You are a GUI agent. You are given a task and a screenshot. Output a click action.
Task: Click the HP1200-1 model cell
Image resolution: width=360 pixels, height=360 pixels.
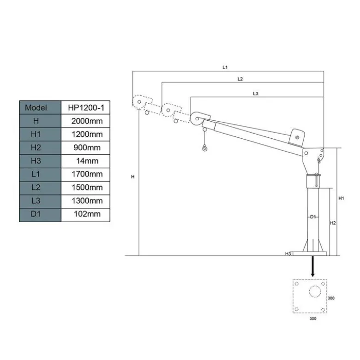coord(86,107)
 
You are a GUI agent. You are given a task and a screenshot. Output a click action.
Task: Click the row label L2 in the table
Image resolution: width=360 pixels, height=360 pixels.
coord(36,188)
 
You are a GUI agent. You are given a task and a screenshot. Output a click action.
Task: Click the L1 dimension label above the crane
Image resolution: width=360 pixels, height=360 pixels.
coord(225,67)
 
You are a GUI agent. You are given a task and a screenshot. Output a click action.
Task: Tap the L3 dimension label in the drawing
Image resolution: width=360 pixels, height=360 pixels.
coord(256,94)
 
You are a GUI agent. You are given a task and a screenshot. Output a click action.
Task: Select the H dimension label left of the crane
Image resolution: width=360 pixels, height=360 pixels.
coord(132,177)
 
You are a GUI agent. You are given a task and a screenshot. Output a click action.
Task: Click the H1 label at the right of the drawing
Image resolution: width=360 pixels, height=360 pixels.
coord(341,198)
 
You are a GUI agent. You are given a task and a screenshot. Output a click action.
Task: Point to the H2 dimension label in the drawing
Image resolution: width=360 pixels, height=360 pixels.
coord(333,223)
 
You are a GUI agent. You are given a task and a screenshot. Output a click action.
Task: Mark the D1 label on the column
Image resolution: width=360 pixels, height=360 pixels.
coord(313,217)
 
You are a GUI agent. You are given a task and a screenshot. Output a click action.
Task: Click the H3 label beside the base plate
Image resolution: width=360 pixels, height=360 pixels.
coord(288,254)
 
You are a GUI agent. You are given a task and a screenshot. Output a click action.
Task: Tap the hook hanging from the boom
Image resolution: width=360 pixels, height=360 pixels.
coord(204,148)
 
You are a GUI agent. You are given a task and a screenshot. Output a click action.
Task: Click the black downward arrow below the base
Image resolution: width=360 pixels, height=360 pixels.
coord(312,266)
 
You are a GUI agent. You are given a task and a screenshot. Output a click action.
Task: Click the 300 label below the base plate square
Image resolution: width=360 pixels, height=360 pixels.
coord(313,319)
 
